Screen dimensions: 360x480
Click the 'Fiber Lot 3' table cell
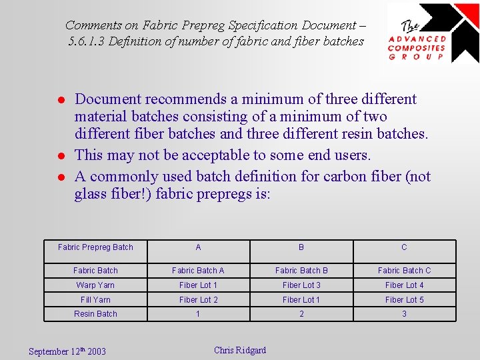click(x=301, y=285)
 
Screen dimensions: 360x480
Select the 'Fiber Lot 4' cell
click(x=404, y=285)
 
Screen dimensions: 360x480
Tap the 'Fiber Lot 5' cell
click(x=404, y=300)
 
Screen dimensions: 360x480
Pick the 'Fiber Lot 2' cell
click(x=198, y=300)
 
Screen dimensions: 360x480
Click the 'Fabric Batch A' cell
click(x=198, y=271)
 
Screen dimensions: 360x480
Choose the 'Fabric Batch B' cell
click(x=301, y=271)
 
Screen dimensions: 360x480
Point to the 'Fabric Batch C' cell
click(x=404, y=271)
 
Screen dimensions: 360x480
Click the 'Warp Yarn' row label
click(x=95, y=285)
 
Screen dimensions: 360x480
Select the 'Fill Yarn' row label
click(x=95, y=300)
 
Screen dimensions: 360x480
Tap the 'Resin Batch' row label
click(x=95, y=314)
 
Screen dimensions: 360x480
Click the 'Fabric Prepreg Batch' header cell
click(x=95, y=247)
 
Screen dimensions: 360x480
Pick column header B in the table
click(x=301, y=247)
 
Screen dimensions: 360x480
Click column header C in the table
click(x=404, y=247)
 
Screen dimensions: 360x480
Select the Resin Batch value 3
click(x=404, y=314)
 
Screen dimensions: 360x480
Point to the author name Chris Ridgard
click(x=240, y=350)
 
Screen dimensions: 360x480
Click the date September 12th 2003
click(x=67, y=351)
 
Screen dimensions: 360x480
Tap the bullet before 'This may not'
click(x=59, y=156)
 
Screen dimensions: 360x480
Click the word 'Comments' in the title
click(x=94, y=25)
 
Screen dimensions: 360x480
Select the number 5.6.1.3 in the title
click(x=86, y=41)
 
